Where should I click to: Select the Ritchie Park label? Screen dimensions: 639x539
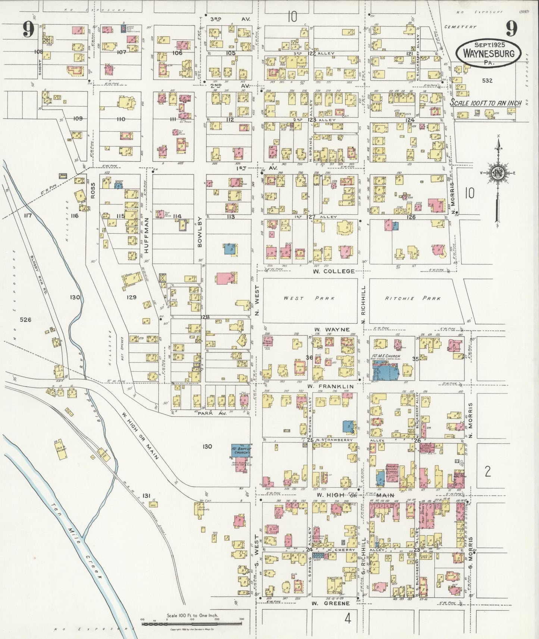[x=413, y=298]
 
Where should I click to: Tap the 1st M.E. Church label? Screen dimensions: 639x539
[x=386, y=356]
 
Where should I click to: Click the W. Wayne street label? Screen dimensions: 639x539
[x=332, y=330]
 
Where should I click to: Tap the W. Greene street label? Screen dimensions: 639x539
[x=331, y=603]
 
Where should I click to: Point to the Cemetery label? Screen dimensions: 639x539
[x=461, y=27]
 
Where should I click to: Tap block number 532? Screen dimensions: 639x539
[x=487, y=80]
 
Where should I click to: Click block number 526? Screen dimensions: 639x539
[x=25, y=319]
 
